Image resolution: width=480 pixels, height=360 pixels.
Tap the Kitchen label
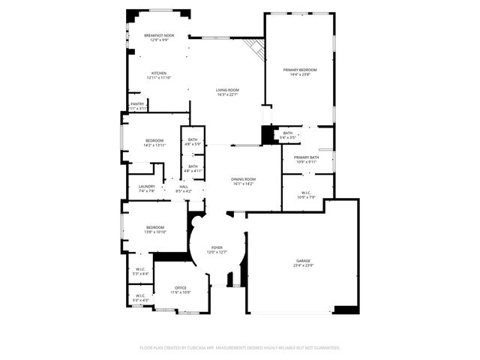(x=158, y=73)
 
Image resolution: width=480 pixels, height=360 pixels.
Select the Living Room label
(x=226, y=90)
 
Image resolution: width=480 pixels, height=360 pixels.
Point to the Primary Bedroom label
(x=299, y=70)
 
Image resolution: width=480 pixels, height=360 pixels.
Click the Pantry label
(x=137, y=104)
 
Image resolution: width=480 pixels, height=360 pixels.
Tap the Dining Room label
(x=243, y=178)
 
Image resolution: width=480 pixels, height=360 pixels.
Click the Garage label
(x=302, y=260)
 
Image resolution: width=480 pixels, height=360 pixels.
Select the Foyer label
(x=217, y=247)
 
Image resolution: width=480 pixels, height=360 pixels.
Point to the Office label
(x=181, y=287)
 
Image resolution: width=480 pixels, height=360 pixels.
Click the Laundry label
(x=146, y=186)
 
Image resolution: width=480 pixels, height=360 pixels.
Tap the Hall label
(x=184, y=187)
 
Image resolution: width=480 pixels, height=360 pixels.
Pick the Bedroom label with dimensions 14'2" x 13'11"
(x=154, y=140)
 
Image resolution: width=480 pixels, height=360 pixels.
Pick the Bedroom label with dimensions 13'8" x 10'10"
(x=155, y=227)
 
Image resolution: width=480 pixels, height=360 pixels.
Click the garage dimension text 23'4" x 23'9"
(x=302, y=265)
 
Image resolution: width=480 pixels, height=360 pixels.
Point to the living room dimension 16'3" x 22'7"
(x=226, y=94)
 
